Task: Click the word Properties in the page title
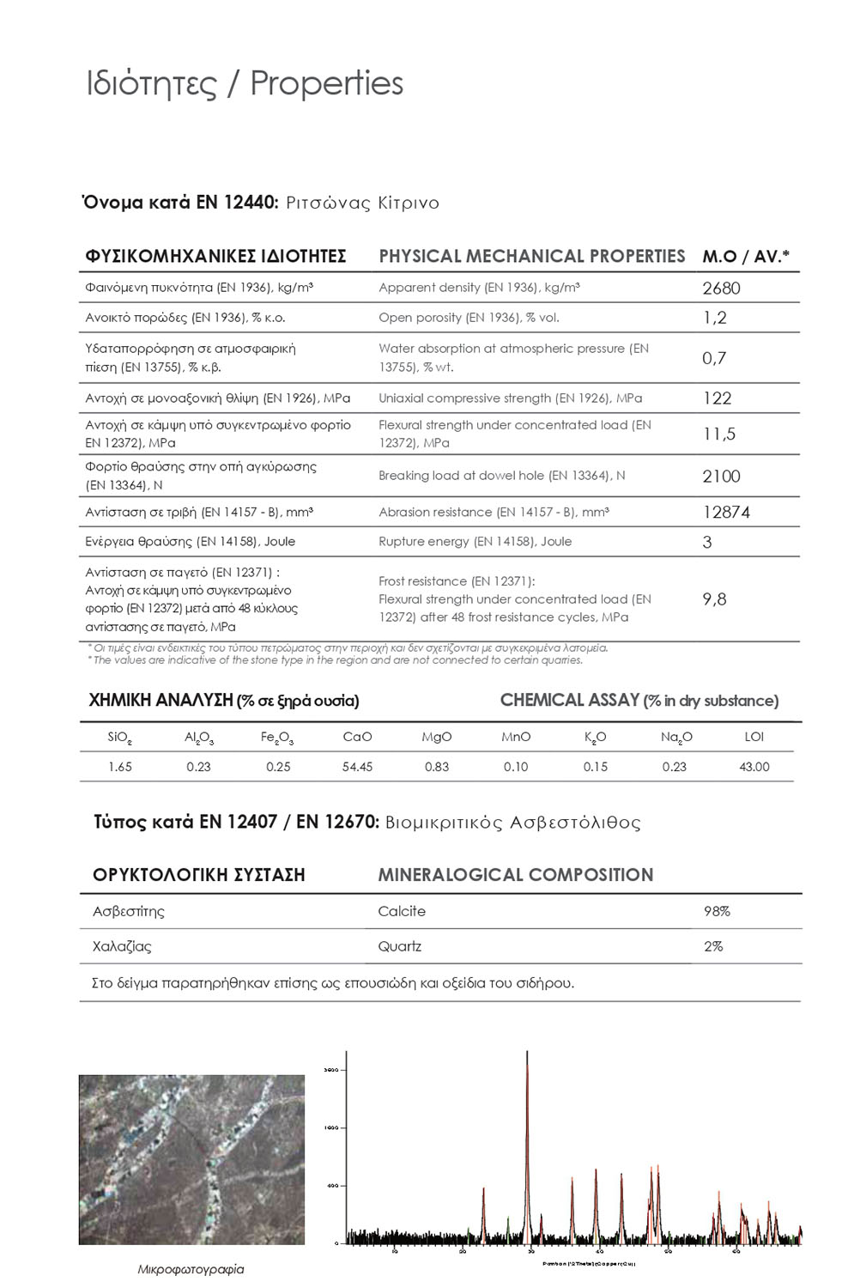click(x=326, y=84)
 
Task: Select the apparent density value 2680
click(x=721, y=289)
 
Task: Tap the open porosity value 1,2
click(x=714, y=318)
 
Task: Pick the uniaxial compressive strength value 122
click(x=717, y=398)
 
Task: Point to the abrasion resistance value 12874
click(x=726, y=513)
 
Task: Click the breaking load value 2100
click(x=721, y=477)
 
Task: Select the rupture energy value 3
click(x=707, y=542)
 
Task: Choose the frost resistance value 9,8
click(x=714, y=599)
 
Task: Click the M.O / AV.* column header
click(x=745, y=256)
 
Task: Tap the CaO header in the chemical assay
click(x=357, y=737)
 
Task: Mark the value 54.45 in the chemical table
click(x=357, y=767)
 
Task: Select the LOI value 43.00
click(x=754, y=767)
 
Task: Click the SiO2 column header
click(x=120, y=738)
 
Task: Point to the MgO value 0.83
click(x=437, y=767)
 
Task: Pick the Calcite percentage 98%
click(x=717, y=911)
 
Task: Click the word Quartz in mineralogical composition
click(x=400, y=946)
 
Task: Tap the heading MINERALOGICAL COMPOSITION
click(x=515, y=875)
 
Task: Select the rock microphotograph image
click(x=191, y=1159)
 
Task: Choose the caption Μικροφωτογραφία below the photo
click(x=191, y=1269)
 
